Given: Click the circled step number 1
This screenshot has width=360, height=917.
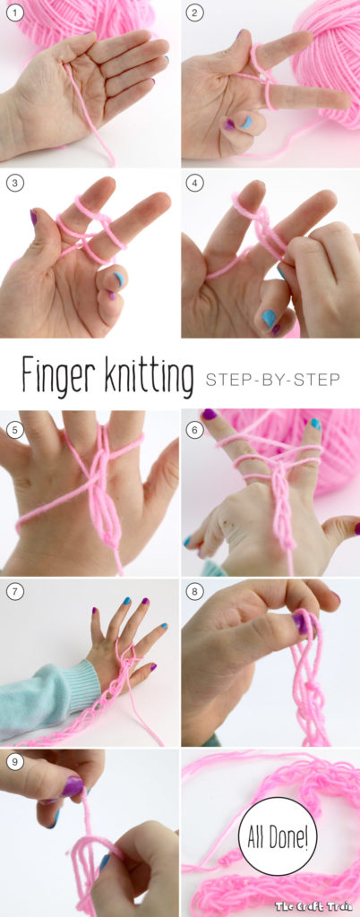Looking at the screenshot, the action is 14,13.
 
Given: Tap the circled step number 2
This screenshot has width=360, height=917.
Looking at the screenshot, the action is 194,13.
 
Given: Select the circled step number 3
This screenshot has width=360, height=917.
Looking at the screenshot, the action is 14,183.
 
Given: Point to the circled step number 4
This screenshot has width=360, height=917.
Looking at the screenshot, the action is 194,183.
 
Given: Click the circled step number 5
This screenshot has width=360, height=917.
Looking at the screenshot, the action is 14,430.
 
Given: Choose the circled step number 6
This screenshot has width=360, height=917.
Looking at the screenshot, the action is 194,430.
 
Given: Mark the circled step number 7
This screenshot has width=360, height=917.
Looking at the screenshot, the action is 14,592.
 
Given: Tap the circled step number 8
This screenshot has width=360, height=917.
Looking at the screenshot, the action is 194,592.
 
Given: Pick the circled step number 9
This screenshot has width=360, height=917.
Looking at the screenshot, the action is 14,762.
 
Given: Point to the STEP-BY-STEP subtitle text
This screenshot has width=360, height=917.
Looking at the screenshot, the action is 272,380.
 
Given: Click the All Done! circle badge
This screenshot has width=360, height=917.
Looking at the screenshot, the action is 278,836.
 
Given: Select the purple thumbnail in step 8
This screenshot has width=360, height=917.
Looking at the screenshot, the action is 301,623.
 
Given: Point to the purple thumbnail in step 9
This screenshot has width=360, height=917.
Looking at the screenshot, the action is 73,786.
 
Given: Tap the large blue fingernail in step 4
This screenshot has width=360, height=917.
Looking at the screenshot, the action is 269,318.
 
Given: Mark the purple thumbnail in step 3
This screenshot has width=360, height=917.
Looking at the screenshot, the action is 33,218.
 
